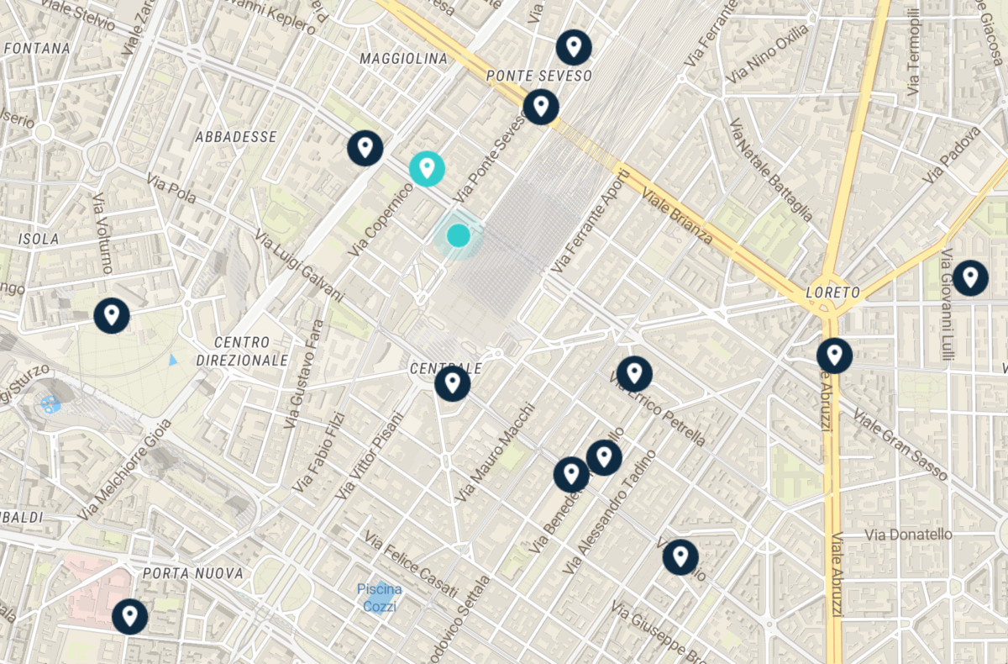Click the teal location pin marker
(427, 168)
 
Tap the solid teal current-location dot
(458, 235)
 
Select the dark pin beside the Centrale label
(452, 383)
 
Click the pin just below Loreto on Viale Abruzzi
(834, 356)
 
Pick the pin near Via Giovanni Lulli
(970, 277)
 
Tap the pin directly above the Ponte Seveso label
(574, 46)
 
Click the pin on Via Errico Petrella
(634, 373)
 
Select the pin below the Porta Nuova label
(130, 617)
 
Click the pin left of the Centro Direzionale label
(112, 315)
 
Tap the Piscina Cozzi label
(379, 598)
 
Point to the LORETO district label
(832, 292)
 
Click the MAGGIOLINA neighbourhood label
(403, 59)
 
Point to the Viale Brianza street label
(677, 215)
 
